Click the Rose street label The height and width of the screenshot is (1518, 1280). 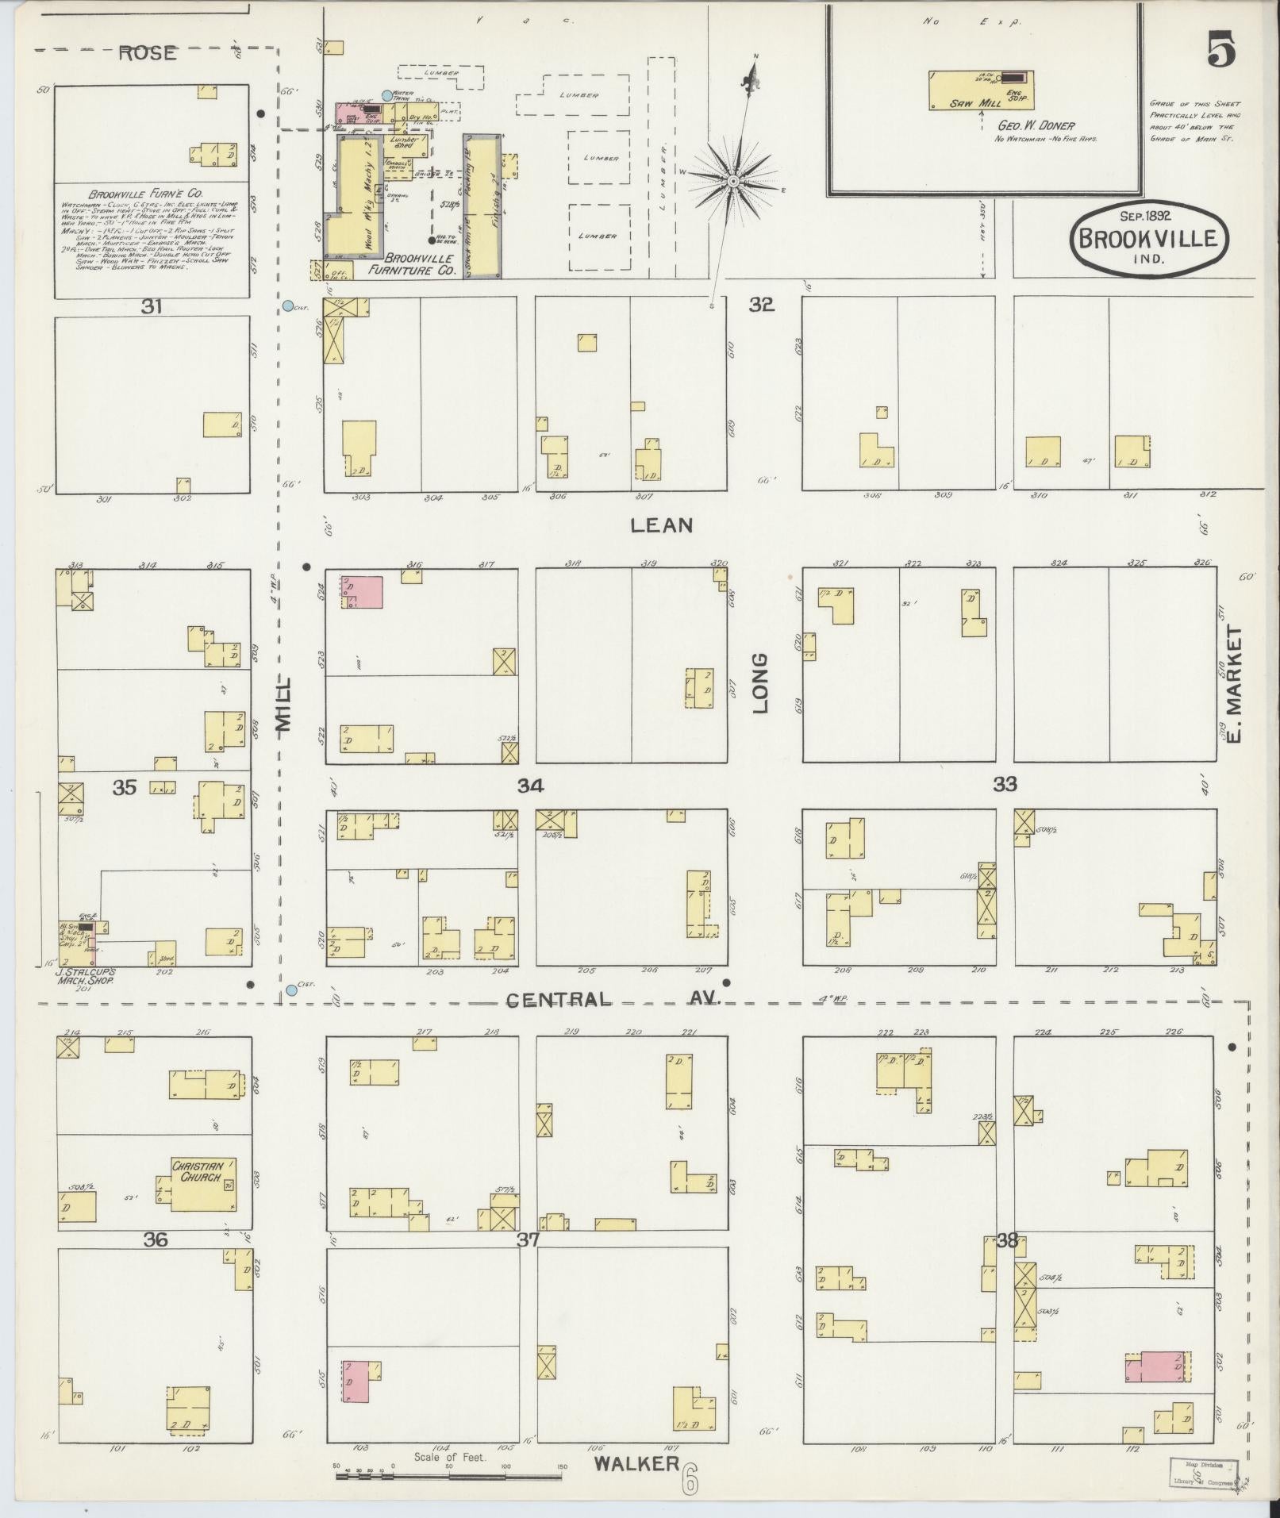147,53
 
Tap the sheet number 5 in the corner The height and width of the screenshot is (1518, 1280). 1221,52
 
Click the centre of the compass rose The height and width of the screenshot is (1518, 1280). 735,182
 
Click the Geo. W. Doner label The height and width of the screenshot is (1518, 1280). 1036,125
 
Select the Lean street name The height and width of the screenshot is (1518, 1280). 662,525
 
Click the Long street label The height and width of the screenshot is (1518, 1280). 761,682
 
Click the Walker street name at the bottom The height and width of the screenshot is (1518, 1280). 636,1464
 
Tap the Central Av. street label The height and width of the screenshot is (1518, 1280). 611,999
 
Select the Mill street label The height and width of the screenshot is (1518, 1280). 283,703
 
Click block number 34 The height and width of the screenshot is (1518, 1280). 530,786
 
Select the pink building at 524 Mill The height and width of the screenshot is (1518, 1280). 362,592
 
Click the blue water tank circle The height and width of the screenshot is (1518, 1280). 386,95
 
